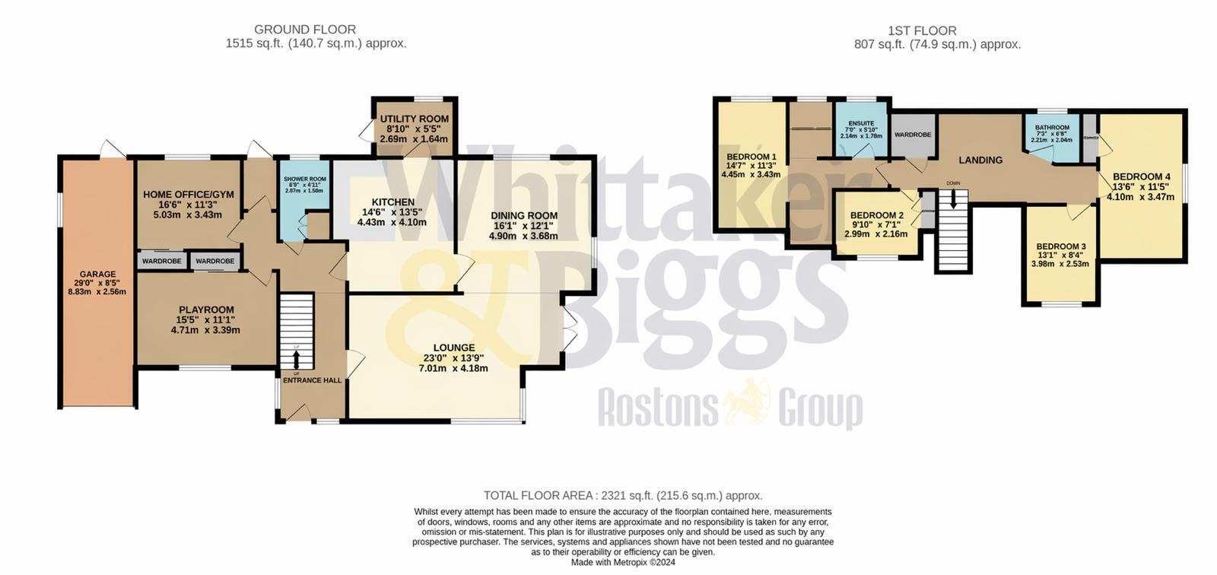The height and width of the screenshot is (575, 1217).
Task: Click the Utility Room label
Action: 415,119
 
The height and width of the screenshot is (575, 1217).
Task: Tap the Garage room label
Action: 98,275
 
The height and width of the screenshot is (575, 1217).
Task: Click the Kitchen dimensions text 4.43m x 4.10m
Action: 392,222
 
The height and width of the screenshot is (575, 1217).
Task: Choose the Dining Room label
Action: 523,216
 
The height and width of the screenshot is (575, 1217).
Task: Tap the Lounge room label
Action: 453,348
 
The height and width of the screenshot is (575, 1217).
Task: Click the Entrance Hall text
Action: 312,380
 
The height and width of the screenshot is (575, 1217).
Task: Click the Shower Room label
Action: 304,179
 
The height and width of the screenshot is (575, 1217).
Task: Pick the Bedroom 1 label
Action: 751,157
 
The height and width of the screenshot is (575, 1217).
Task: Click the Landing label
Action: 980,160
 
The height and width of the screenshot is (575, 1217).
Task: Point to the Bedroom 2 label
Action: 876,215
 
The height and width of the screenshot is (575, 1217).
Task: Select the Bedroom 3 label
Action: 1060,246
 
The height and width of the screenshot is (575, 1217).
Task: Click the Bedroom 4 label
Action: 1141,176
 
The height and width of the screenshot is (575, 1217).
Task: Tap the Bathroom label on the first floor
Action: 1052,128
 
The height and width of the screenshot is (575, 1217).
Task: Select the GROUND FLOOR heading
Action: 316,30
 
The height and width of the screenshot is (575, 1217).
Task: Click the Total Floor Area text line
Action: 623,495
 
